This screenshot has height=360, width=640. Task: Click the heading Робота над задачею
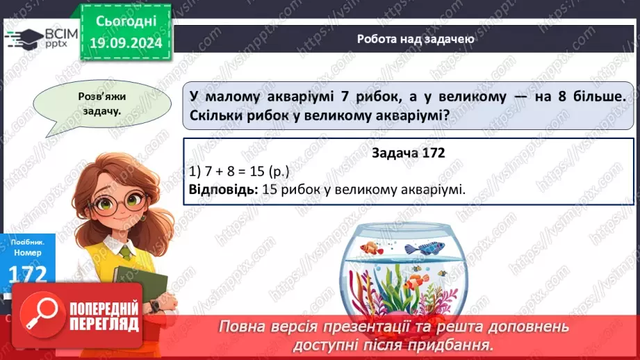pos(416,39)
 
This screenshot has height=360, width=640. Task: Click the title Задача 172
pos(409,152)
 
